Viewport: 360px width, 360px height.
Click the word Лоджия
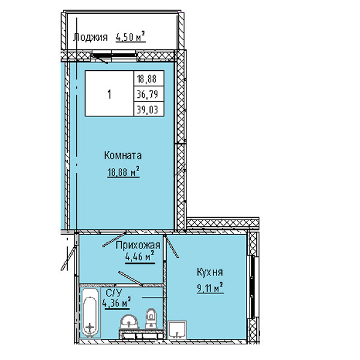point(91,37)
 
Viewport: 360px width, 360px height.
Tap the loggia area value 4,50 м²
point(131,37)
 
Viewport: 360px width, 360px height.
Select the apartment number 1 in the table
point(109,94)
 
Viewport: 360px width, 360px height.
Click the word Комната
point(123,155)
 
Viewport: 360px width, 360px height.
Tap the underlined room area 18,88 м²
point(123,172)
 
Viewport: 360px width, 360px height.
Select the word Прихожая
point(138,245)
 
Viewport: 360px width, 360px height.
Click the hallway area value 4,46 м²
point(140,257)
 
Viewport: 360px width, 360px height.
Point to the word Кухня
point(210,272)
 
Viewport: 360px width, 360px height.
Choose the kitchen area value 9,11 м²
point(210,287)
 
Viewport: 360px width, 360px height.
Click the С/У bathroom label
point(114,293)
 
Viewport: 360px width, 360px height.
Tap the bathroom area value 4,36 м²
point(116,303)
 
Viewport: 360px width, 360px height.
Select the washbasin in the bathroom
point(129,322)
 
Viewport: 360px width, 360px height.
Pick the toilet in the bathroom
point(151,319)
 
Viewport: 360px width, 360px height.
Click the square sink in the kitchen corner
point(177,330)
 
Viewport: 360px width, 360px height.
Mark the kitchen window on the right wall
point(253,287)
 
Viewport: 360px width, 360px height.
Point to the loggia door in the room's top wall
point(114,56)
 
